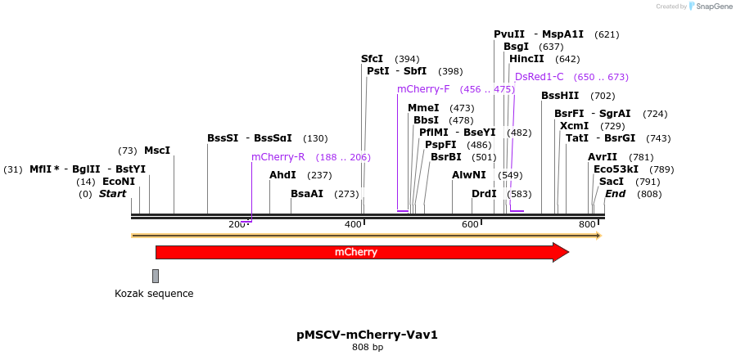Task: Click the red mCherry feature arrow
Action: coord(360,252)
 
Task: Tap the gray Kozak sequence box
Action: coord(156,276)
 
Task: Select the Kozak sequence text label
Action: coord(154,294)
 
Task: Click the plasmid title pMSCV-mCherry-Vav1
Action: coord(367,335)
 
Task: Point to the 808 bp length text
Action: coord(368,348)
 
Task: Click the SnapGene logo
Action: coord(710,7)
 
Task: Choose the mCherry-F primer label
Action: coord(423,89)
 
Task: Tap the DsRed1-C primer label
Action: coord(540,77)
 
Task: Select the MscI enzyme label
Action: coord(157,151)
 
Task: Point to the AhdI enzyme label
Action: coord(282,175)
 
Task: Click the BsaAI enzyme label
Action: coord(307,194)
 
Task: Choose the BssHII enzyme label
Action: coord(560,96)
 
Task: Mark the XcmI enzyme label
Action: coord(574,126)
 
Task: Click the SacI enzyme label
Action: coord(612,182)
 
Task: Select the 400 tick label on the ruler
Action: coord(353,225)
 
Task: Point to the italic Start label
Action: coord(113,194)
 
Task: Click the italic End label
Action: coord(615,194)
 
